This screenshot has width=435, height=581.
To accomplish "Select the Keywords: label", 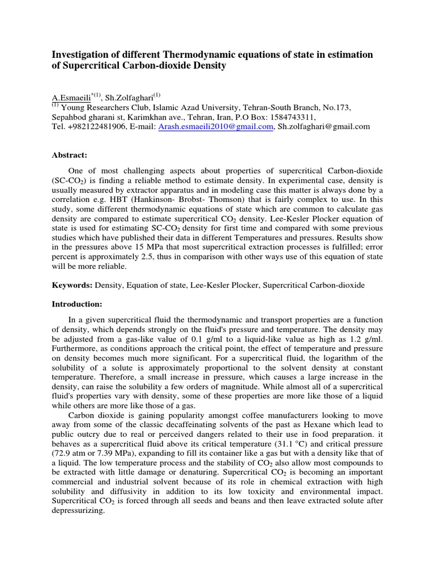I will pos(72,285).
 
